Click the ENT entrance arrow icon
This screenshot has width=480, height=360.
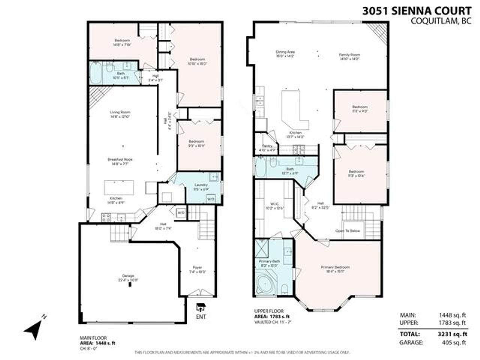pos(201,308)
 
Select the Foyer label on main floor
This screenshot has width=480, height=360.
pos(197,267)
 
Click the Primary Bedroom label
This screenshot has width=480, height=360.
pos(335,267)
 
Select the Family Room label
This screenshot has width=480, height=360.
pos(350,55)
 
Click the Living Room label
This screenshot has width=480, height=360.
pos(120,112)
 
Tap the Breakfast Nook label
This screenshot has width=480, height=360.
pos(120,159)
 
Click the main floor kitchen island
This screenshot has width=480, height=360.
pos(119,187)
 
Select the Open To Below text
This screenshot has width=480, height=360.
pos(348,231)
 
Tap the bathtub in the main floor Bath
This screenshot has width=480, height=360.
pos(96,73)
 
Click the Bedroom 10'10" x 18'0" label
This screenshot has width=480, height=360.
pos(197,60)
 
